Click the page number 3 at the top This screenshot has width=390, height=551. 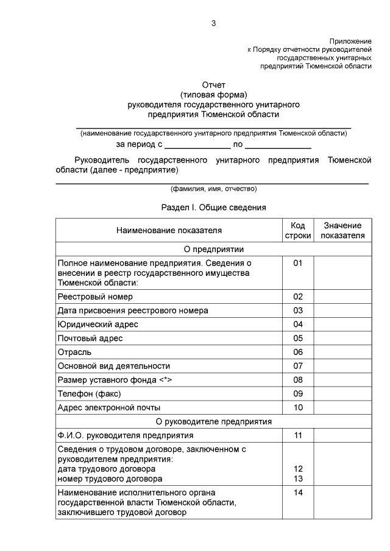[x=213, y=23]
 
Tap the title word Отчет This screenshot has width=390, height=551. [x=213, y=85]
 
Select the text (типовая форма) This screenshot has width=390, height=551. [x=213, y=95]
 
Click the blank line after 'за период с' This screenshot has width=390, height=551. [x=197, y=146]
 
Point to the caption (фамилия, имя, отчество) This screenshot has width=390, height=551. [x=213, y=189]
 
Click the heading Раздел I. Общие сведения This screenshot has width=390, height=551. [x=213, y=208]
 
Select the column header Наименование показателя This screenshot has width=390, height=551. [x=169, y=231]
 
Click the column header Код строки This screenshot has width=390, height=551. [x=298, y=231]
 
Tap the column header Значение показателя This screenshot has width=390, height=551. [x=342, y=231]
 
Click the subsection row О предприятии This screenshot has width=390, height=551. [x=213, y=249]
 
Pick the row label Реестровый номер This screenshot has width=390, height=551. [x=95, y=297]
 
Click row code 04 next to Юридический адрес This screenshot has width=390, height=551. [x=298, y=324]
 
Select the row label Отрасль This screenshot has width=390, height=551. [x=74, y=352]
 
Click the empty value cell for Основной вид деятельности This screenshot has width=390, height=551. [x=342, y=366]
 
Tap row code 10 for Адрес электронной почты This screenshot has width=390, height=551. [x=298, y=407]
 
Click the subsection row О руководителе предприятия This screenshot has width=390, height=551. [x=213, y=421]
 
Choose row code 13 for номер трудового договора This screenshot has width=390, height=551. [x=298, y=479]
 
